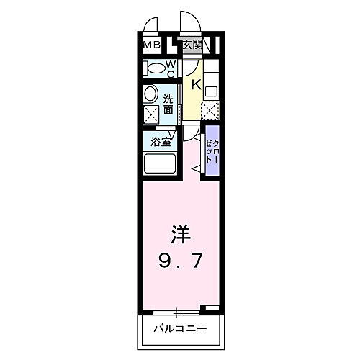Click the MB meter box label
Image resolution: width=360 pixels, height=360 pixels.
[x=151, y=45]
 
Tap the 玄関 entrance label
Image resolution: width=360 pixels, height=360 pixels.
[x=192, y=45]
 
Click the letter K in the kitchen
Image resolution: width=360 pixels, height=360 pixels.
[x=197, y=85]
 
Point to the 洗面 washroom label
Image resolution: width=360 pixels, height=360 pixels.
[x=168, y=104]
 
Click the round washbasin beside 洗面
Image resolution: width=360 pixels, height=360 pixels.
[x=150, y=95]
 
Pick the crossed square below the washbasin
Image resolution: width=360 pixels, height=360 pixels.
[x=151, y=115]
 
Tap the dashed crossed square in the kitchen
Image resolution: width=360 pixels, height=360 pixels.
[x=210, y=111]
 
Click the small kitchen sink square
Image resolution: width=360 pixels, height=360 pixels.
[x=211, y=91]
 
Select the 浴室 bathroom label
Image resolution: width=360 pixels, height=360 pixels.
[x=161, y=142]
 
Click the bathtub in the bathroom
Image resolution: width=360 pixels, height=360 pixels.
[x=160, y=163]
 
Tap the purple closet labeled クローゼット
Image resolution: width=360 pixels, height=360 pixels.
[x=212, y=150]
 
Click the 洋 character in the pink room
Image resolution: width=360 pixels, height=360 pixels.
[x=181, y=234]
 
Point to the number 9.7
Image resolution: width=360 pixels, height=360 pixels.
[x=180, y=261]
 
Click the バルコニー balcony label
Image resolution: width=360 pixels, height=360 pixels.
[x=180, y=328]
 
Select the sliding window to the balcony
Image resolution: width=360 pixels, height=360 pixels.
[x=176, y=312]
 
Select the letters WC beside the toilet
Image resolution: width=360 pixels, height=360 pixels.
[x=171, y=70]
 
